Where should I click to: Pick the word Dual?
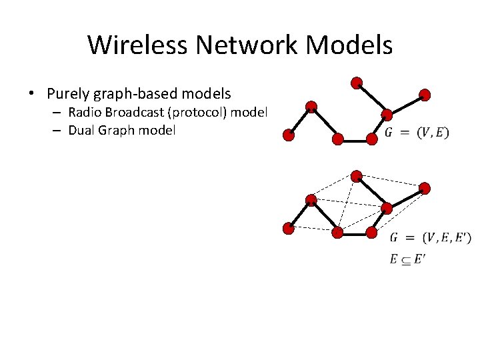pyautogui.click(x=81, y=130)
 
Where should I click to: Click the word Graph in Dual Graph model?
pyautogui.click(x=118, y=130)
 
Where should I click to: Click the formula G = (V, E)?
pyautogui.click(x=417, y=133)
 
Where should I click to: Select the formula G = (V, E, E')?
pyautogui.click(x=430, y=237)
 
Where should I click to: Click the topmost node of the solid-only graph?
pyautogui.click(x=357, y=83)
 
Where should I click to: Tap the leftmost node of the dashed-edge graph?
pyautogui.click(x=288, y=229)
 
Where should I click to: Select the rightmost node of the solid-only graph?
pyautogui.click(x=425, y=95)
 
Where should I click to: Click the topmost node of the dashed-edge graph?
pyautogui.click(x=357, y=177)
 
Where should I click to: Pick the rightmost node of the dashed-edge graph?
pyautogui.click(x=425, y=189)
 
